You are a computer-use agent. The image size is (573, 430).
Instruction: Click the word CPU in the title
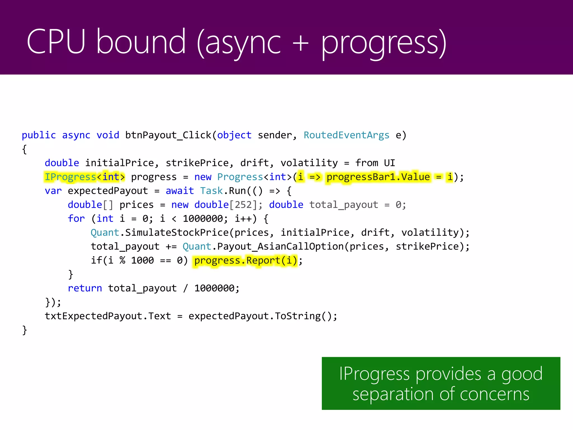coord(56,42)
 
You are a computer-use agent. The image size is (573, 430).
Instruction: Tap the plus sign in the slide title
coord(300,43)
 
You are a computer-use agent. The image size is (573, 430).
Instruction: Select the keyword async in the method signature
coord(76,135)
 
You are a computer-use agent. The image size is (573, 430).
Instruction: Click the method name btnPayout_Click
coord(168,135)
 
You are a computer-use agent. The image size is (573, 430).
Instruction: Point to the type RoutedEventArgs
coord(346,135)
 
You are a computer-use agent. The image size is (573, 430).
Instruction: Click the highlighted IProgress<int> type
coord(85,177)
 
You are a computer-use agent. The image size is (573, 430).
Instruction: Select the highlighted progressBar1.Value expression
coord(378,177)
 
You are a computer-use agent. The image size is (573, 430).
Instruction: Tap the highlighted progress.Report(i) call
coord(246,261)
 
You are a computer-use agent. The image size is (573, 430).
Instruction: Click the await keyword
coord(180,191)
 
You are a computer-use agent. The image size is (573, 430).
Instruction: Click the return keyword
coord(85,288)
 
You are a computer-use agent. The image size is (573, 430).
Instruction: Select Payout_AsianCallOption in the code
coord(280,247)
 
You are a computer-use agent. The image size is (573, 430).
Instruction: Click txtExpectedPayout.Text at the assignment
coord(108,316)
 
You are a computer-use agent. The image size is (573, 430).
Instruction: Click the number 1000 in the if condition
coord(142,261)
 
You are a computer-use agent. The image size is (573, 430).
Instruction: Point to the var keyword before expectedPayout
coord(53,191)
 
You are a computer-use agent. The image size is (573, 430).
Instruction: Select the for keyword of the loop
coord(76,219)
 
